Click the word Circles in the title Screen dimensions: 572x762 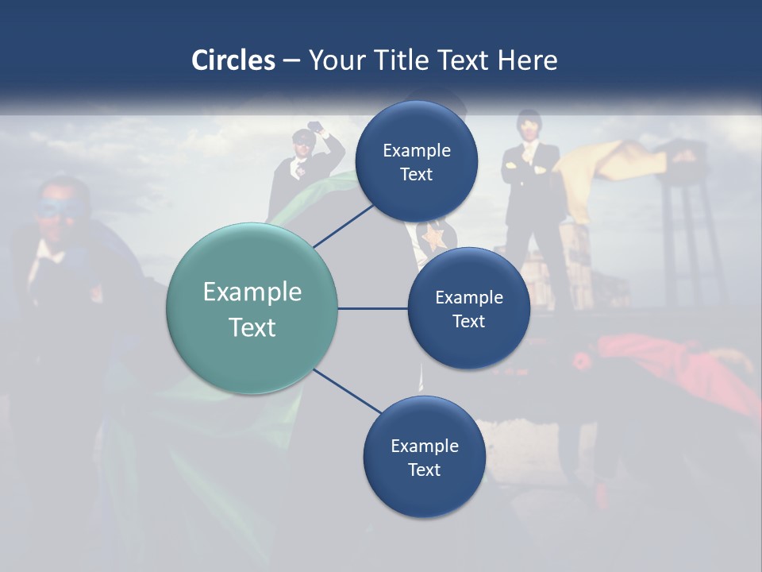tap(233, 60)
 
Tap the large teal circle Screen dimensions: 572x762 tap(252, 309)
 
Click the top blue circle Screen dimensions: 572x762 tap(416, 162)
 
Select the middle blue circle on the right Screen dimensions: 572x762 tap(468, 309)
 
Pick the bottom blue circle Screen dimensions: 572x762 tap(424, 458)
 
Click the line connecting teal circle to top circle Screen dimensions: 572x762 tap(344, 226)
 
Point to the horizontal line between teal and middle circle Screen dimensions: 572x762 tap(372, 309)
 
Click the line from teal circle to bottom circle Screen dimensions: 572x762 tap(348, 392)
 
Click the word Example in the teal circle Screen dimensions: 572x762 tap(252, 292)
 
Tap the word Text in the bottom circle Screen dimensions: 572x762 tap(424, 470)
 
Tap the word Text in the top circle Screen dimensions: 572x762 tap(416, 174)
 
